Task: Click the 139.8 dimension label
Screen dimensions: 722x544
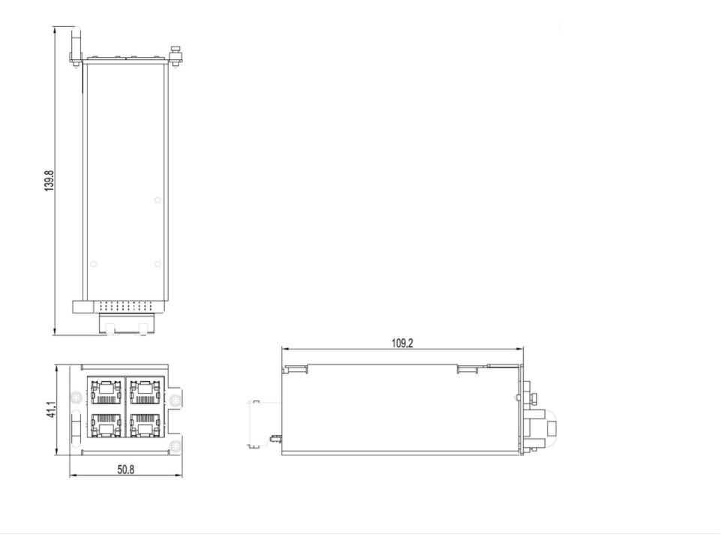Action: [50, 181]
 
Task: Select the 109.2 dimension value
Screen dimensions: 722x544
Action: [402, 344]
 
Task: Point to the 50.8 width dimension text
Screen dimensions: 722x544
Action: [125, 470]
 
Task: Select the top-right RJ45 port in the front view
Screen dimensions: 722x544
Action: [146, 391]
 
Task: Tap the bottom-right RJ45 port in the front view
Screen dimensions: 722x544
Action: [146, 425]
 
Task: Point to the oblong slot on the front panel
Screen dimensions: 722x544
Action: [77, 430]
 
